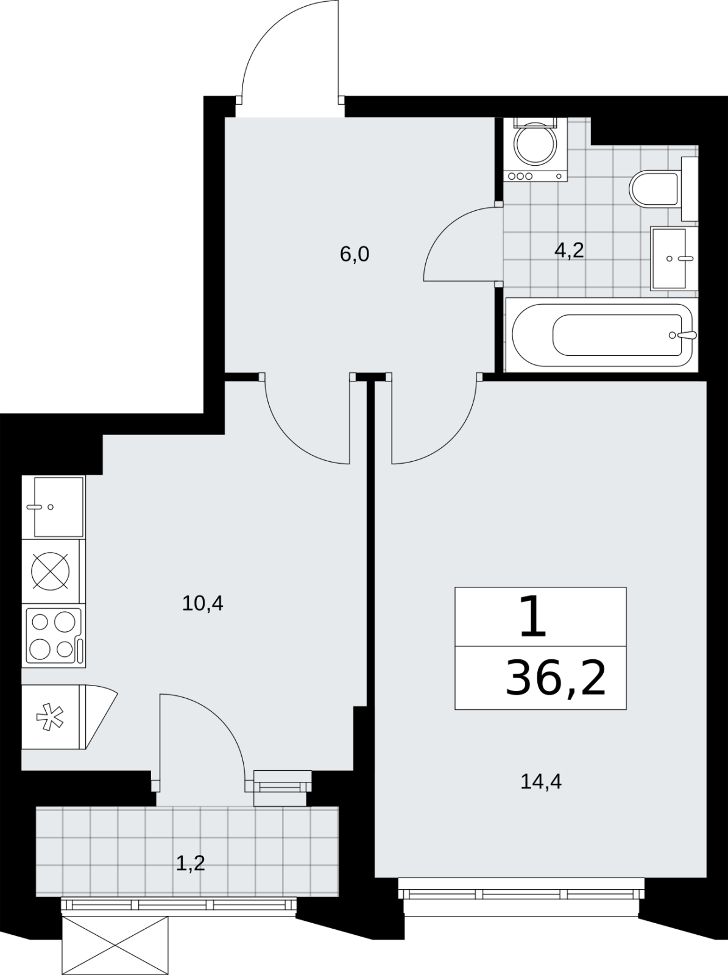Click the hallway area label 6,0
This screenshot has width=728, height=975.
pyautogui.click(x=354, y=255)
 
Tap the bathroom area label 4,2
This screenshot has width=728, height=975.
pyautogui.click(x=569, y=252)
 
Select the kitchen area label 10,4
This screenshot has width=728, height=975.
pyautogui.click(x=202, y=603)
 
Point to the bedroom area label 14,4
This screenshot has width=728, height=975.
pyautogui.click(x=541, y=781)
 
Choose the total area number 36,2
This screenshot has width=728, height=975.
pyautogui.click(x=556, y=692)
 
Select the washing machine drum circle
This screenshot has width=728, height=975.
pyautogui.click(x=535, y=144)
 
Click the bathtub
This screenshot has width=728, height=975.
pyautogui.click(x=602, y=335)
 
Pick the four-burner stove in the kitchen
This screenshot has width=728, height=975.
pyautogui.click(x=54, y=636)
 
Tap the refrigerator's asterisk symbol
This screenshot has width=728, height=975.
pyautogui.click(x=50, y=719)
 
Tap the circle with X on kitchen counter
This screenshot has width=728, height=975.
pyautogui.click(x=50, y=571)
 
